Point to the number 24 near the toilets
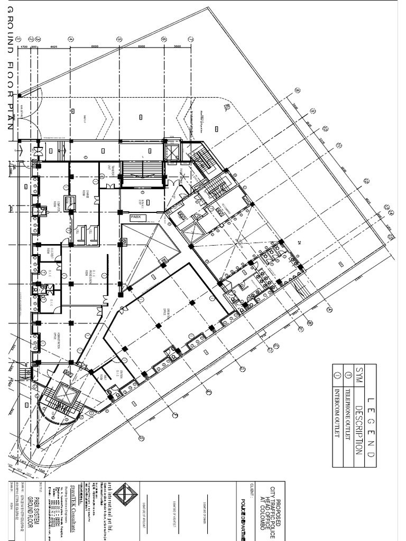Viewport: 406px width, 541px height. click(299, 242)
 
